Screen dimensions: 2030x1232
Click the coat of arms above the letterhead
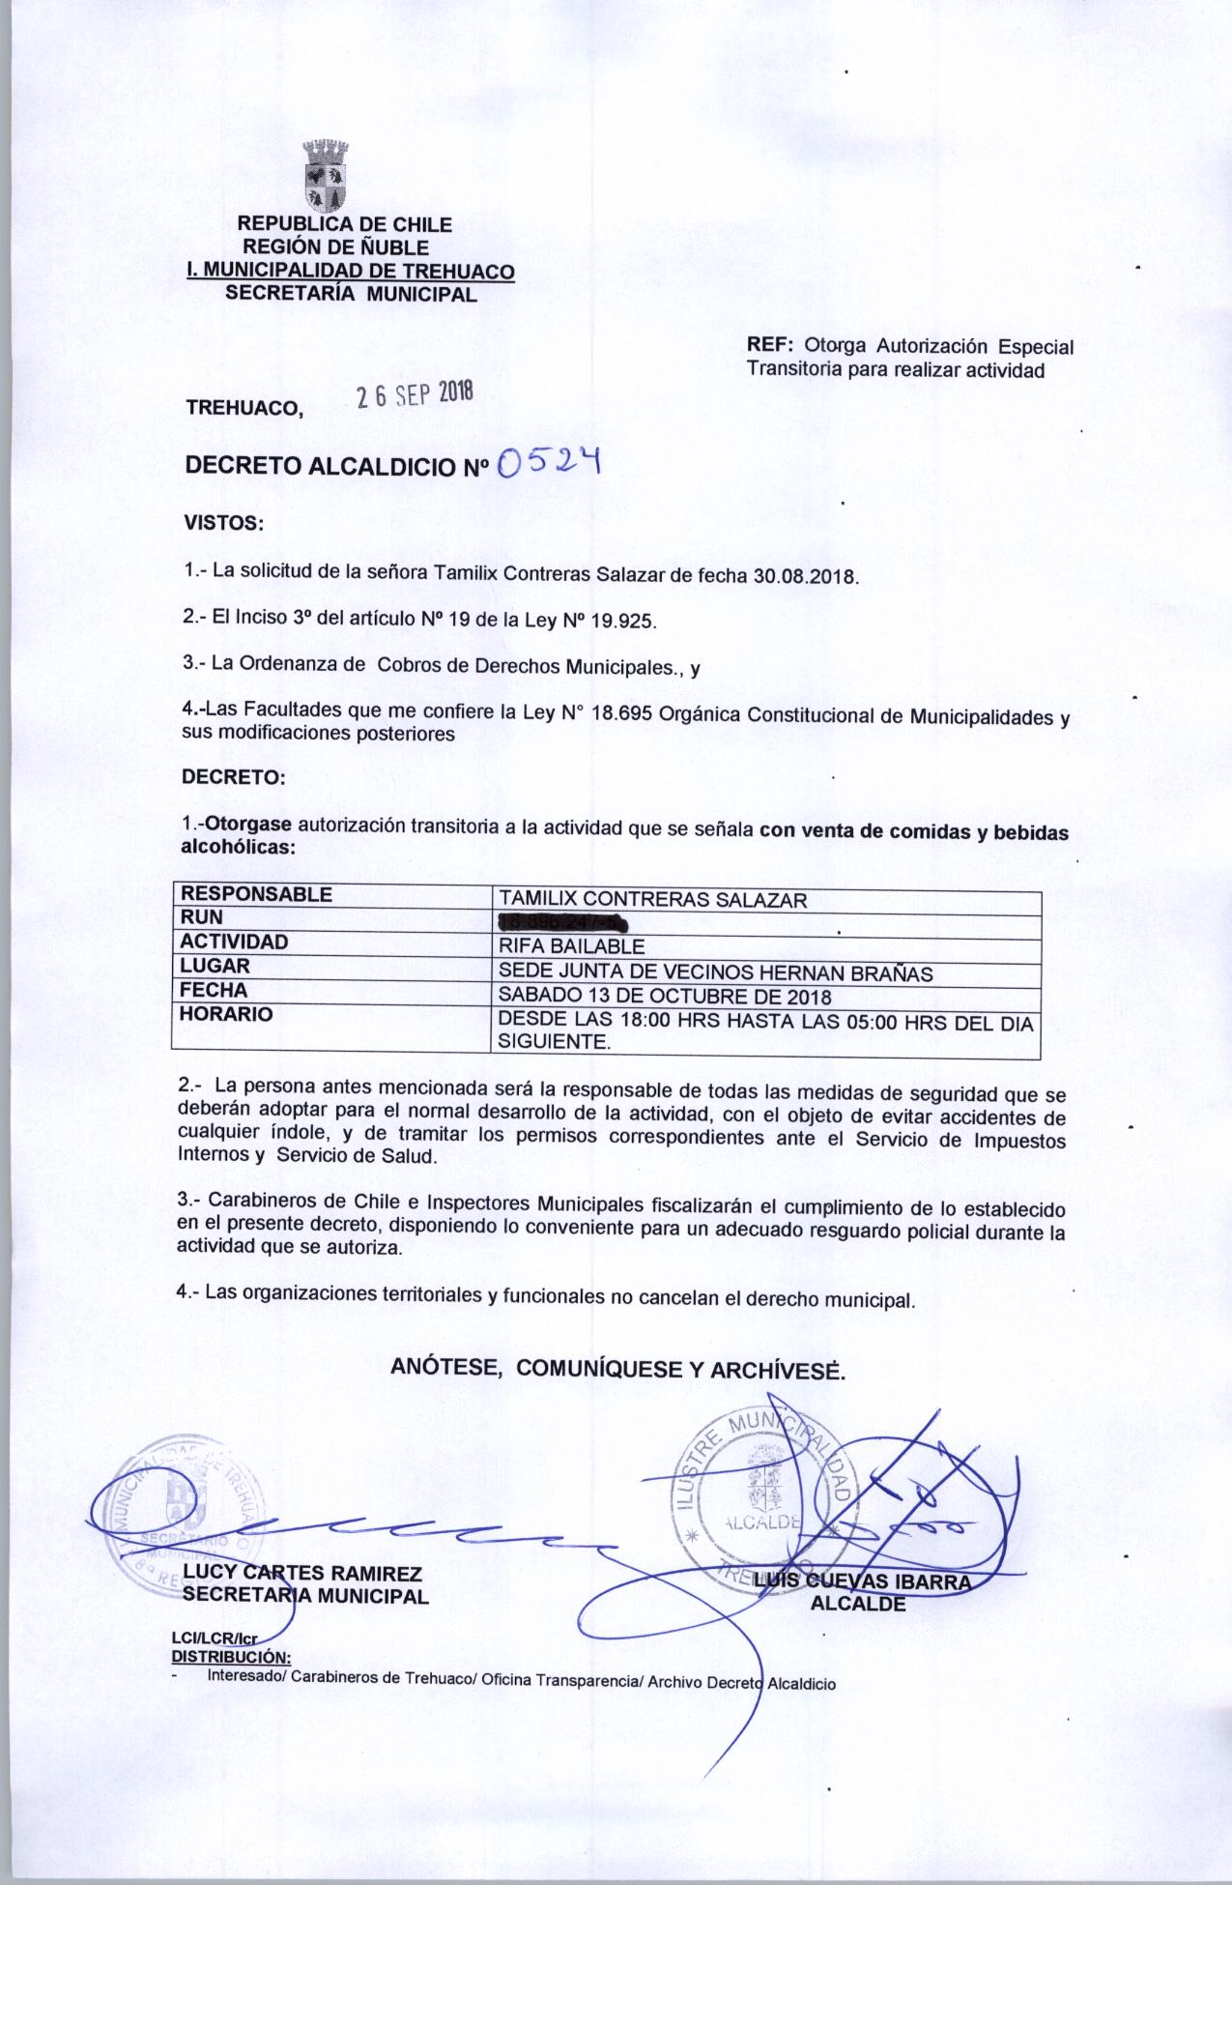tap(326, 176)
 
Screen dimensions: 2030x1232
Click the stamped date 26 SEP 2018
tap(415, 394)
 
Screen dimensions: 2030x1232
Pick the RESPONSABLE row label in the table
tap(257, 895)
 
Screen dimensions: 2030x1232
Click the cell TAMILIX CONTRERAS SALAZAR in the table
tap(651, 901)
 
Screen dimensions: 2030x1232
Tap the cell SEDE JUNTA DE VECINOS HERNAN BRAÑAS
tap(714, 973)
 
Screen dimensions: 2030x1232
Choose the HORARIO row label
tap(227, 1015)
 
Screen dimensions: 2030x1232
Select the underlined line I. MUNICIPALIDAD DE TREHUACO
tap(350, 273)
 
